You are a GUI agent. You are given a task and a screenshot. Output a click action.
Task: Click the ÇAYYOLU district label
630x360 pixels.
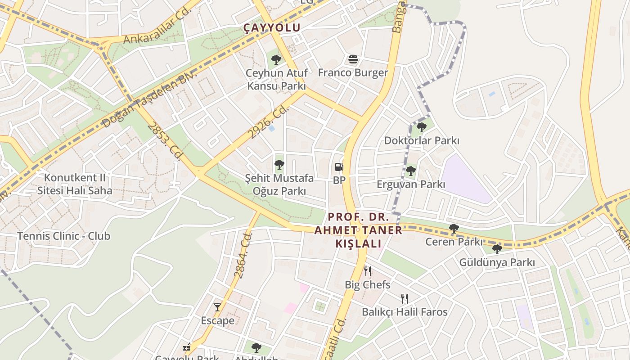pos(272,27)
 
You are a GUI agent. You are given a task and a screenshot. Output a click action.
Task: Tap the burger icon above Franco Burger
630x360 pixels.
pos(353,59)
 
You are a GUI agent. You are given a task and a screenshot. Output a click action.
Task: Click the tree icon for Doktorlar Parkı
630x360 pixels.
pos(421,127)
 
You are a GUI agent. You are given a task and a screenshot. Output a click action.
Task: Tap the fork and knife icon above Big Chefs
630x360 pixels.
pos(368,271)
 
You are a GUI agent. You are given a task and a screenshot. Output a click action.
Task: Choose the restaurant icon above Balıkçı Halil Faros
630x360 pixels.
pos(405,298)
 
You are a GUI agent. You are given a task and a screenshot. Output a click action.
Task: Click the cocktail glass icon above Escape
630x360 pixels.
pos(217,307)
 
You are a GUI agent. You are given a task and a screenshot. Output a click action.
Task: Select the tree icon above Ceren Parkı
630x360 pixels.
pos(454,229)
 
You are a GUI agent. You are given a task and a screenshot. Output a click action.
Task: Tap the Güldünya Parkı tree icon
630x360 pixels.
pos(497,249)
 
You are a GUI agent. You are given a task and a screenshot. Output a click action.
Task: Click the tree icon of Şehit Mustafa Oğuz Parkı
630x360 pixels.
pos(279,165)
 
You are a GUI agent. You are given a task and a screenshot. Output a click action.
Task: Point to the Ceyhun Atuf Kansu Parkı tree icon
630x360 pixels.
pos(276,59)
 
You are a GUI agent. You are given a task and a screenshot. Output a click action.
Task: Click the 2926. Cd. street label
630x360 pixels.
pos(269,122)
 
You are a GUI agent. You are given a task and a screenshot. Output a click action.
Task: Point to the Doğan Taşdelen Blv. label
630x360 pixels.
pos(149,100)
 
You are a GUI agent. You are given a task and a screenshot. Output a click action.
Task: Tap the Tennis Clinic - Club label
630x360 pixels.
pos(63,236)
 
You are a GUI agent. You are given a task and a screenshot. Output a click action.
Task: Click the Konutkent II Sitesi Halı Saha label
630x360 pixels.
pos(75,184)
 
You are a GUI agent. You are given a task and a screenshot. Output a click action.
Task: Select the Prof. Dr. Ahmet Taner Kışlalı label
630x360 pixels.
pos(358,230)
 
